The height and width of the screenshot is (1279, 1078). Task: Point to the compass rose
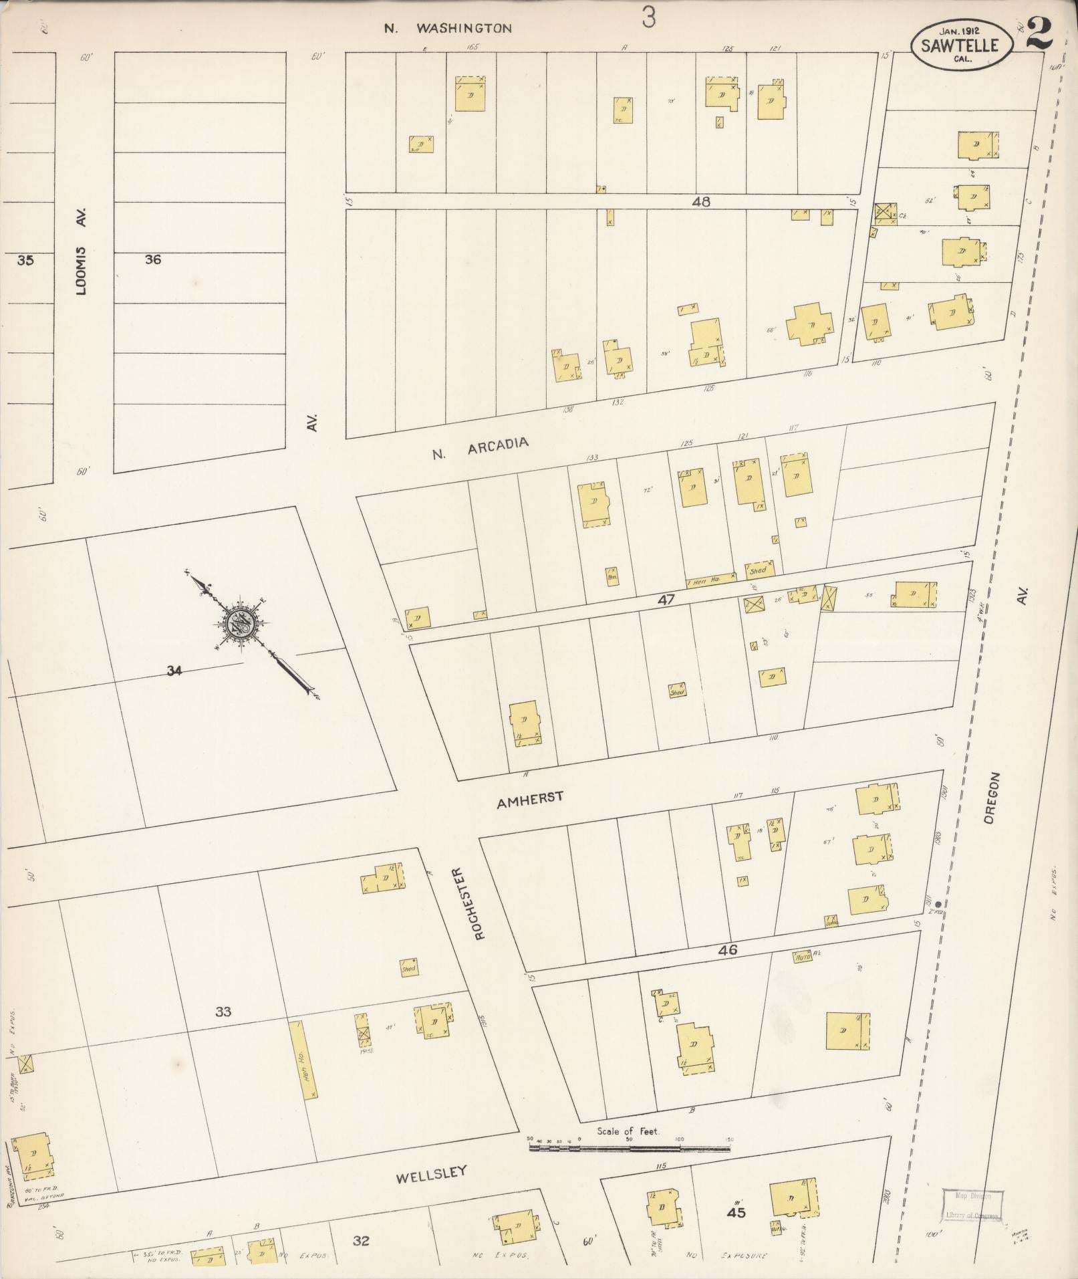pyautogui.click(x=239, y=623)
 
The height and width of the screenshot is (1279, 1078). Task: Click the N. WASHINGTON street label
pyautogui.click(x=448, y=28)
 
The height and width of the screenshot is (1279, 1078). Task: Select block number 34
pyautogui.click(x=174, y=671)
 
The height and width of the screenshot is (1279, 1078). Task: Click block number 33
pyautogui.click(x=223, y=1012)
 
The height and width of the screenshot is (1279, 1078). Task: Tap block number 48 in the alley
pyautogui.click(x=701, y=201)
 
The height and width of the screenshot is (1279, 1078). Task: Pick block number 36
pyautogui.click(x=153, y=259)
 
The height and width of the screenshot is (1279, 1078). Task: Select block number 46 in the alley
pyautogui.click(x=728, y=949)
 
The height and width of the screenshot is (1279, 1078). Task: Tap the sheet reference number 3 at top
pyautogui.click(x=648, y=19)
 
